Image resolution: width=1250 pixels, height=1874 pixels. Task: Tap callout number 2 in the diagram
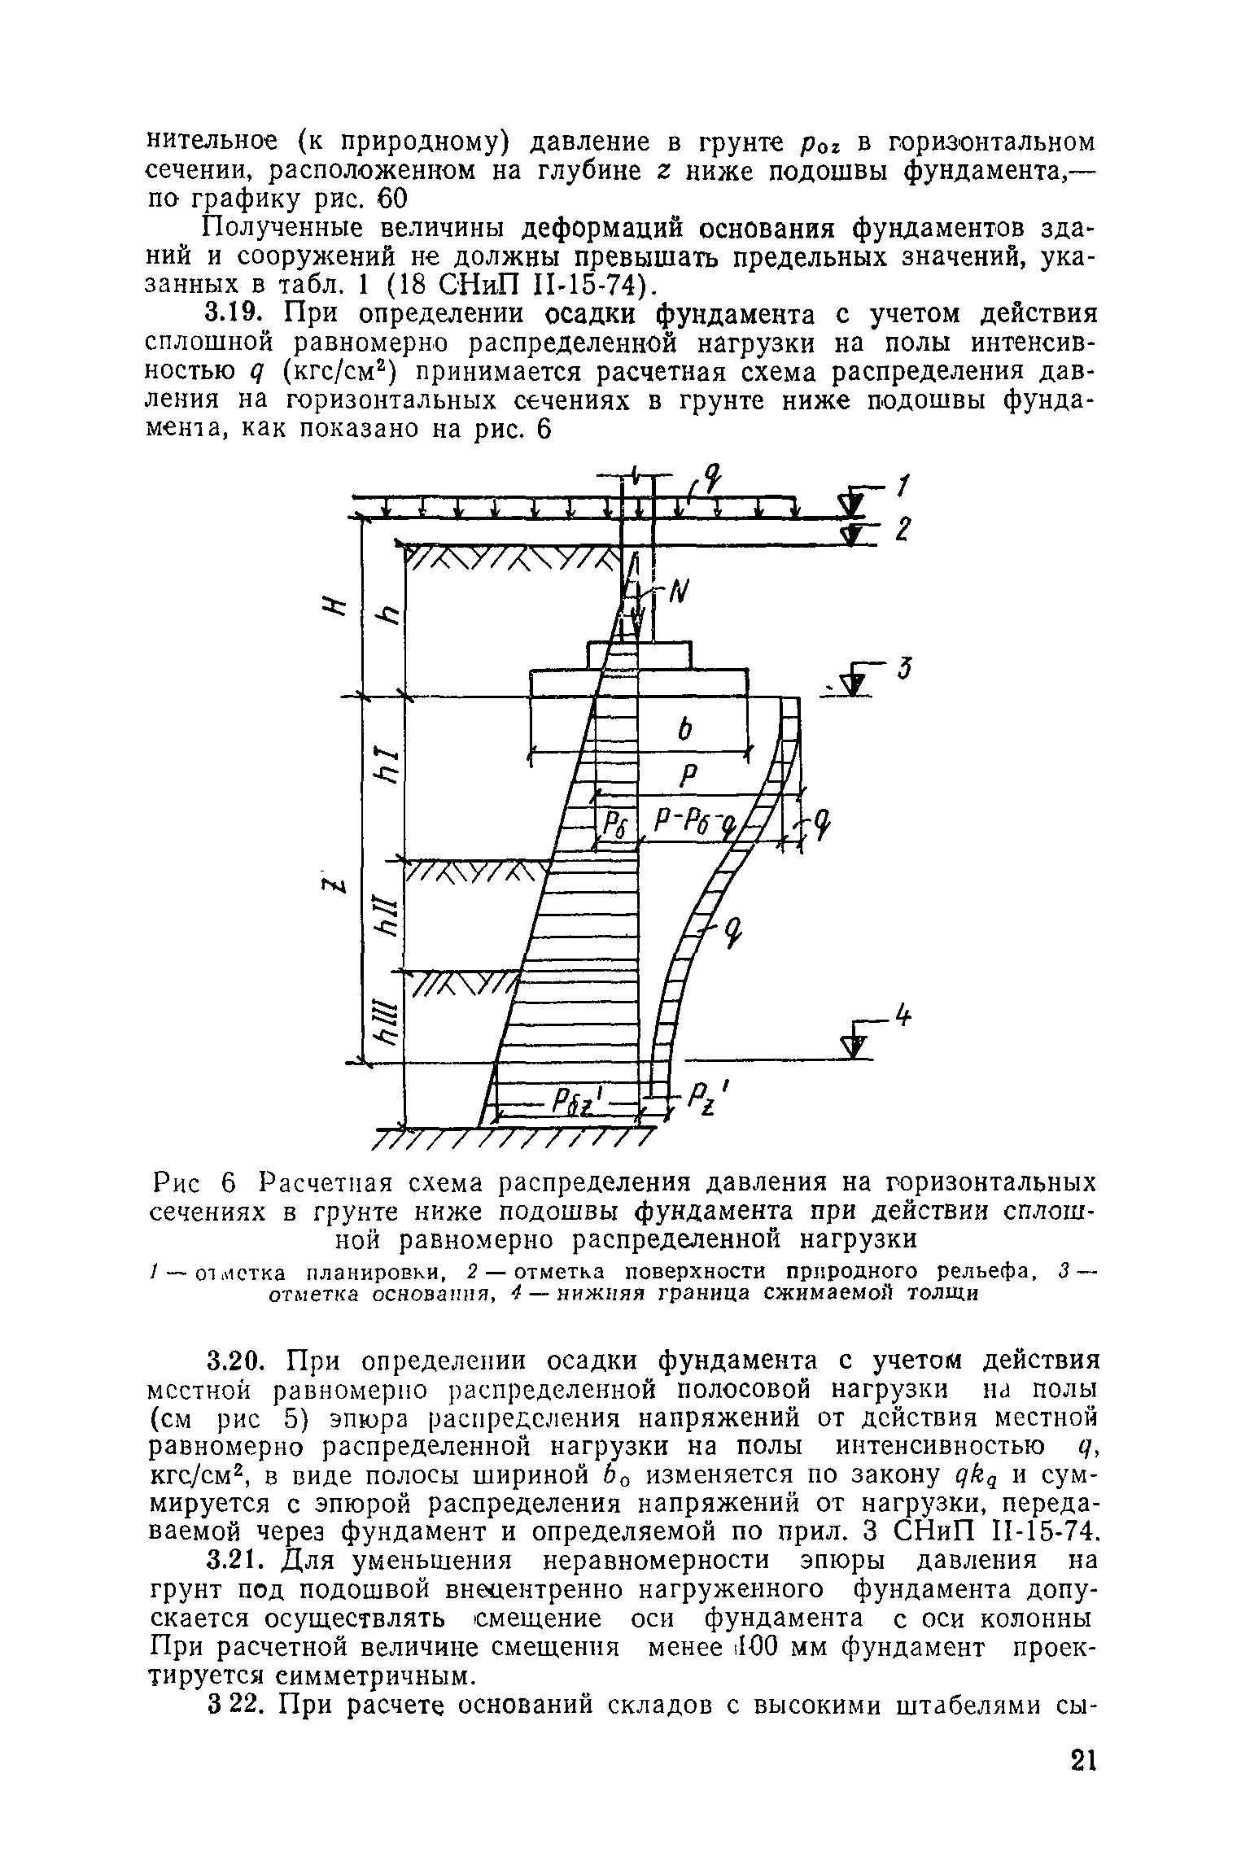coord(901,530)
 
